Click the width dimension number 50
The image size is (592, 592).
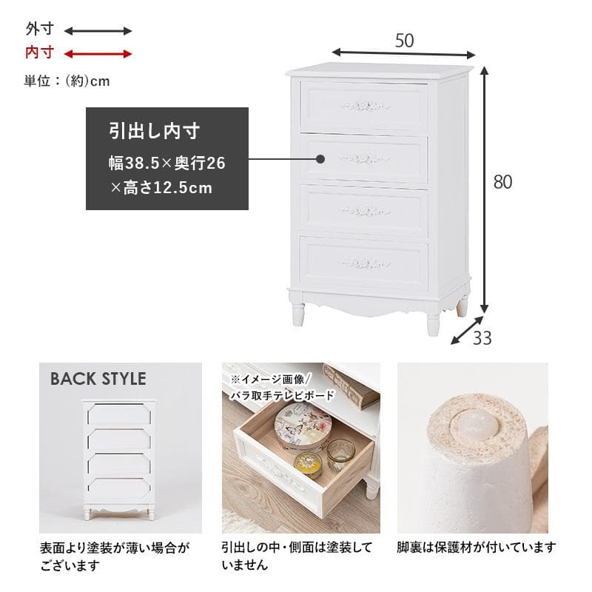(x=404, y=41)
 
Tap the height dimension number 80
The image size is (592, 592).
(x=502, y=182)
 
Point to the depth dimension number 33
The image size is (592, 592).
(x=482, y=339)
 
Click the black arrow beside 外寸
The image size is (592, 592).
(x=98, y=31)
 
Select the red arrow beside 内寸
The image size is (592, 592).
(x=98, y=53)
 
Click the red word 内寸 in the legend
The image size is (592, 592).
(x=40, y=53)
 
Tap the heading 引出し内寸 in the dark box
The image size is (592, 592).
(x=155, y=132)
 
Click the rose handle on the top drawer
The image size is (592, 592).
(x=365, y=106)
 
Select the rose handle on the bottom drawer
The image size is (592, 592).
(x=364, y=263)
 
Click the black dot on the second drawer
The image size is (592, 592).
(x=320, y=159)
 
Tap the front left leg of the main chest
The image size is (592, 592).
(x=297, y=311)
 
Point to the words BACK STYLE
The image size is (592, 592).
(x=98, y=379)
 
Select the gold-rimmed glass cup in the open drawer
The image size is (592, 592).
(x=341, y=454)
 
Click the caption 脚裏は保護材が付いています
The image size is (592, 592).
(x=476, y=548)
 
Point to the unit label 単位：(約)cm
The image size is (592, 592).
(x=67, y=81)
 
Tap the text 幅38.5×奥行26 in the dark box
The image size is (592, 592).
(x=166, y=162)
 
